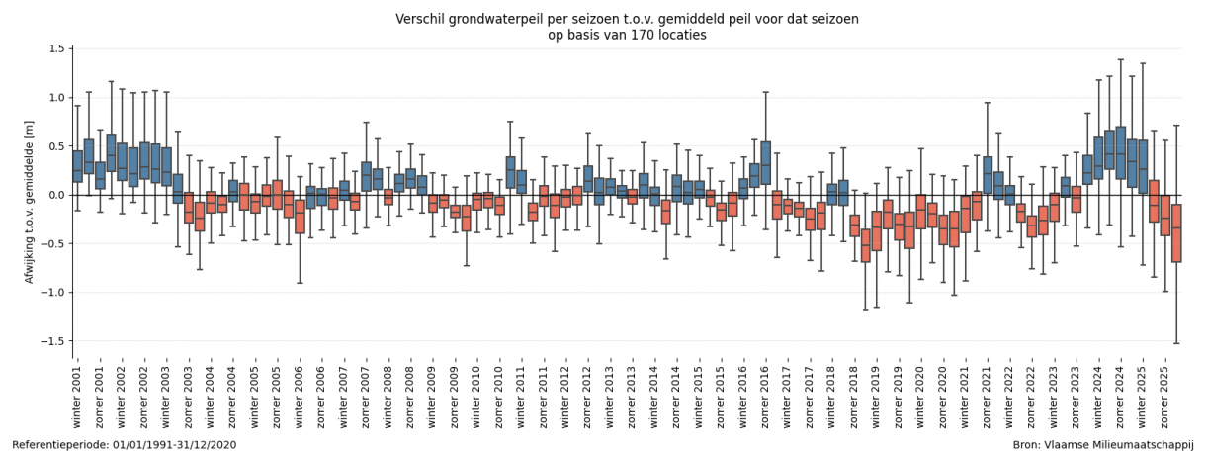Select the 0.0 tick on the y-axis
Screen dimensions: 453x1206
pos(55,196)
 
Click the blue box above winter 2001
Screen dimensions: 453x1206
pos(78,166)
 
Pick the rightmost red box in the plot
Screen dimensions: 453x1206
pos(1176,233)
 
